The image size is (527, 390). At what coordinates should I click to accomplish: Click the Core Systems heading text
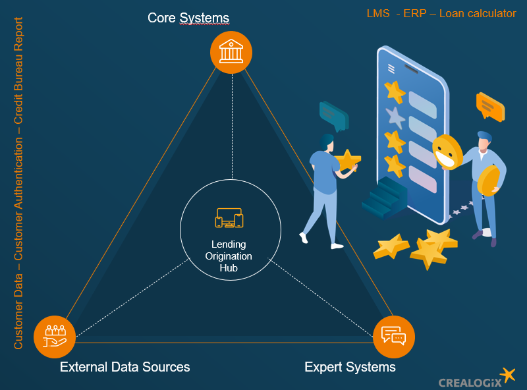click(188, 17)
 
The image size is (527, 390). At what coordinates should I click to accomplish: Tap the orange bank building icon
click(231, 51)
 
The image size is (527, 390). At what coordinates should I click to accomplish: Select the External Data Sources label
click(125, 367)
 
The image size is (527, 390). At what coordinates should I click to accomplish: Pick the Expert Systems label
click(350, 367)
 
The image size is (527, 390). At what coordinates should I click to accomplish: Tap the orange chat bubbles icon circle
click(393, 336)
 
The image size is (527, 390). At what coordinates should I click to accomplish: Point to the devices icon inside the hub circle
click(229, 218)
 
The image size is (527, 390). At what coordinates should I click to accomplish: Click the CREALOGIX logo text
click(470, 382)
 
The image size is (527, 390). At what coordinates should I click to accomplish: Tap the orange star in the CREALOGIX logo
click(507, 376)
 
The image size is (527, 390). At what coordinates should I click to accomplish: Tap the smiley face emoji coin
click(447, 152)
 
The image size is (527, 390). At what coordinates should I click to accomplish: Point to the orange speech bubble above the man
click(489, 105)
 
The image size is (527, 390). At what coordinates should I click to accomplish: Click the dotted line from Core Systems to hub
click(232, 125)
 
